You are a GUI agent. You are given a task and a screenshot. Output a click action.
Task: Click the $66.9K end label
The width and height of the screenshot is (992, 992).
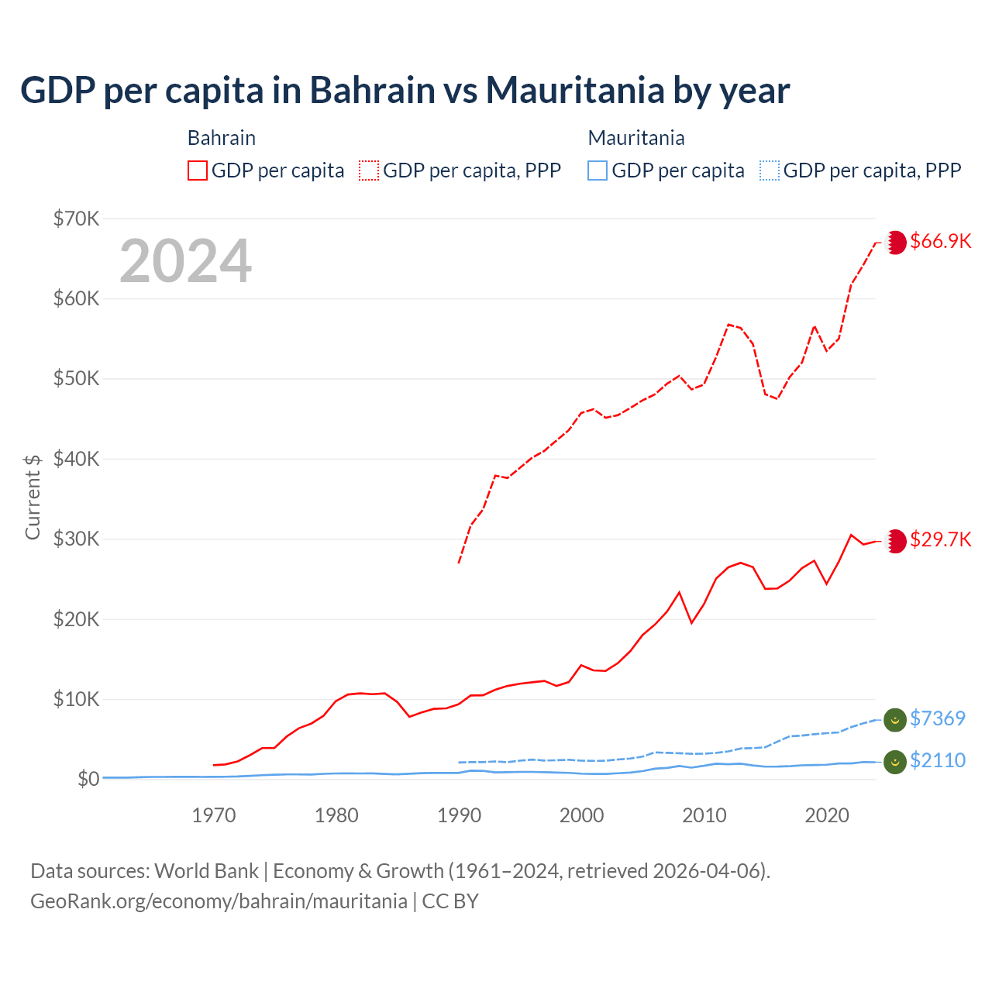940,241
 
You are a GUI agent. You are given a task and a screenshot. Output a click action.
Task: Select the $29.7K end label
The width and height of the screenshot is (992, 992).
940,539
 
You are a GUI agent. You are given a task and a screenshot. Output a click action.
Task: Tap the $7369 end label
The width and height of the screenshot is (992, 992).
938,718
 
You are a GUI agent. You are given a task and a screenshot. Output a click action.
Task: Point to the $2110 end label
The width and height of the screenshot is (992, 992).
938,760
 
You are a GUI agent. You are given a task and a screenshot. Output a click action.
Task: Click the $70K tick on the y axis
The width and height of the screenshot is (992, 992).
77,219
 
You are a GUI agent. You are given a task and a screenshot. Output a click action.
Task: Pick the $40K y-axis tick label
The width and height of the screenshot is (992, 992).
77,459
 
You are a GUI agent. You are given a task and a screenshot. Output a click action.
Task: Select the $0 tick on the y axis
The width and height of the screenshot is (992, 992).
88,779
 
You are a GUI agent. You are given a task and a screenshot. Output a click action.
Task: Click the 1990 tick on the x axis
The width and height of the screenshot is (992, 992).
459,815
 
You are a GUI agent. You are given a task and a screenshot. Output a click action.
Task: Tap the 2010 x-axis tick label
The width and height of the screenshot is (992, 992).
704,815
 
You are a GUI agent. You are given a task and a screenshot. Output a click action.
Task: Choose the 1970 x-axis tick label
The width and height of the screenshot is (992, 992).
214,815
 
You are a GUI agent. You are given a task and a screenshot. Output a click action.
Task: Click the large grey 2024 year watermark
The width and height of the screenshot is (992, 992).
186,261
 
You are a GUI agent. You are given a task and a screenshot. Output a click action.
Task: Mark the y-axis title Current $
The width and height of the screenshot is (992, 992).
33,497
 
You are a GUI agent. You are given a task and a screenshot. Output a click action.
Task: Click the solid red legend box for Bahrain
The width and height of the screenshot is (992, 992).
198,170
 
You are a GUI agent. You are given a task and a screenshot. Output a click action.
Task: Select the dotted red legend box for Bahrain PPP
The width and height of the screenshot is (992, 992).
369,170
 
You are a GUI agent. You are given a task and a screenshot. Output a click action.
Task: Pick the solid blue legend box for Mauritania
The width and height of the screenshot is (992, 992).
598,170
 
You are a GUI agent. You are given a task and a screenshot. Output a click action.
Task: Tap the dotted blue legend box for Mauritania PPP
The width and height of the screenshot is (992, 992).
770,170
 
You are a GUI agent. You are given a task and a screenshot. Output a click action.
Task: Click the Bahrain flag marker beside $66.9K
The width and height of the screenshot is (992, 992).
895,242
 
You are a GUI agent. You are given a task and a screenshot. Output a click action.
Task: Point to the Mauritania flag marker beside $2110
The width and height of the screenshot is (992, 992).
895,761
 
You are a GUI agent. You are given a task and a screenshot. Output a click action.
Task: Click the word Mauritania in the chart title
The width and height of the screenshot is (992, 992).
576,91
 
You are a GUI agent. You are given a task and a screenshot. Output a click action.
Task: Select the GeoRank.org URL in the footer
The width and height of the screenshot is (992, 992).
219,901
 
